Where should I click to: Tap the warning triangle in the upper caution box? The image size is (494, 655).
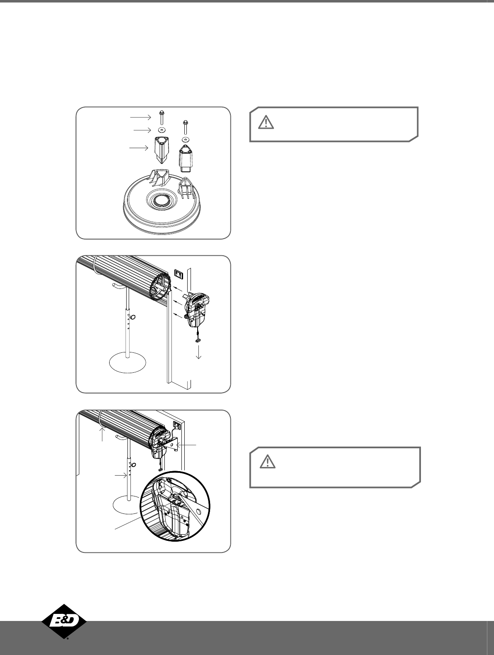pyautogui.click(x=266, y=122)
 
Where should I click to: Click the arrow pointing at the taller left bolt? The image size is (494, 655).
pyautogui.click(x=141, y=117)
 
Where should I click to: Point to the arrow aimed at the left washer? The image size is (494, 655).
pyautogui.click(x=142, y=130)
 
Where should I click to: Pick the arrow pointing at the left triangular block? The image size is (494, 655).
pyautogui.click(x=139, y=148)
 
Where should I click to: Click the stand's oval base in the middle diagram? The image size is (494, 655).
pyautogui.click(x=128, y=364)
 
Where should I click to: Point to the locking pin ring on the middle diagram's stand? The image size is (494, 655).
pyautogui.click(x=133, y=316)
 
